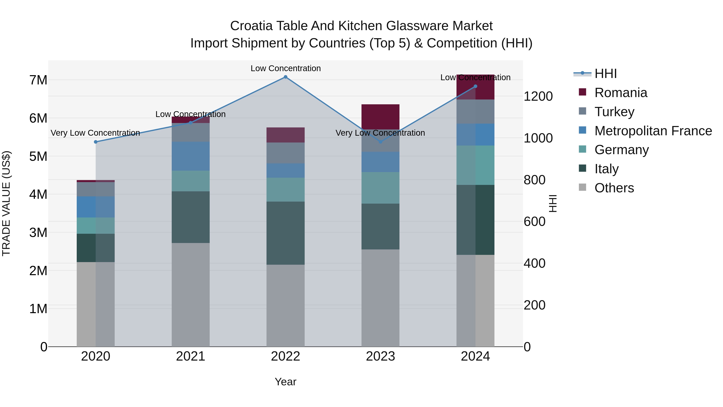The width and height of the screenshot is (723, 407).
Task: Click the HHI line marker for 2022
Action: pyautogui.click(x=285, y=77)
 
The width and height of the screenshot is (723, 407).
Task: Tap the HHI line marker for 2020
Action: pyautogui.click(x=96, y=142)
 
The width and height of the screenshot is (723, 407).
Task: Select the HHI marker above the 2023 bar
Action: pyautogui.click(x=380, y=142)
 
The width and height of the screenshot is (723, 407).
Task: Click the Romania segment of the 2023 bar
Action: pyautogui.click(x=380, y=117)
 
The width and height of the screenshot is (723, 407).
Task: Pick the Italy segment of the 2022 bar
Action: pyautogui.click(x=285, y=233)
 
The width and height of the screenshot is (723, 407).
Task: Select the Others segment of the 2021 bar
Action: pyautogui.click(x=191, y=295)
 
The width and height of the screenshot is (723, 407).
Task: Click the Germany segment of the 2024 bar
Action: pyautogui.click(x=475, y=165)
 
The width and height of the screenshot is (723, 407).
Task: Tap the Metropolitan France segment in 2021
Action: pyautogui.click(x=191, y=156)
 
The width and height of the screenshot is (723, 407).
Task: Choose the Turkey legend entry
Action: pyautogui.click(x=614, y=112)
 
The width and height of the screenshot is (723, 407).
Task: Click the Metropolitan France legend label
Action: pyautogui.click(x=653, y=131)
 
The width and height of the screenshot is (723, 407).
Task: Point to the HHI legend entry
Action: pyautogui.click(x=605, y=74)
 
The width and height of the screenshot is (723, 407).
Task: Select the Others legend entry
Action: pyautogui.click(x=614, y=188)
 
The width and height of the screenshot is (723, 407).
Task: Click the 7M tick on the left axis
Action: pyautogui.click(x=38, y=80)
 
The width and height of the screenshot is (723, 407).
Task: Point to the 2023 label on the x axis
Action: pyautogui.click(x=380, y=356)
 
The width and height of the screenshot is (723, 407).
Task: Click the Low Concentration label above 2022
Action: pyautogui.click(x=285, y=68)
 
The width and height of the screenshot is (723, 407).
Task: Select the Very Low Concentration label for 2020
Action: pyautogui.click(x=95, y=133)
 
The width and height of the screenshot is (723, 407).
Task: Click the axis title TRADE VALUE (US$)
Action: pyautogui.click(x=6, y=203)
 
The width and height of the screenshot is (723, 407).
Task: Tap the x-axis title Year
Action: pyautogui.click(x=285, y=382)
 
